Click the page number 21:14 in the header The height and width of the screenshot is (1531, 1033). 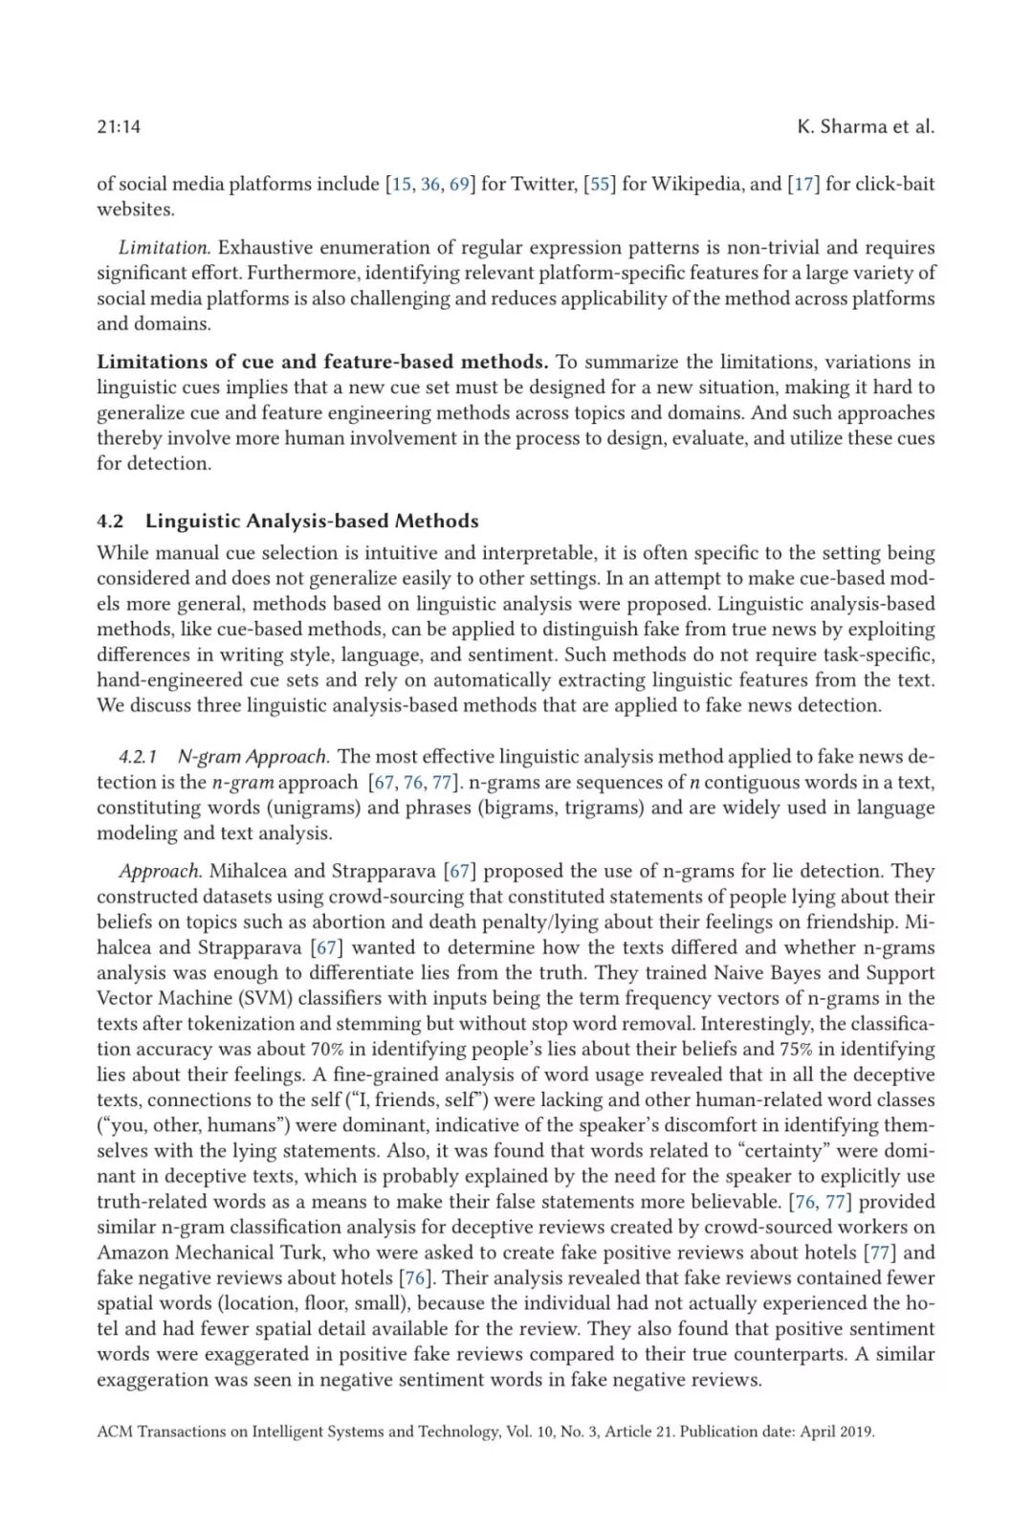coord(119,126)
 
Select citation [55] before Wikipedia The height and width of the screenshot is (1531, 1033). coord(600,184)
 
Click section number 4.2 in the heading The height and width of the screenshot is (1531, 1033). coord(110,521)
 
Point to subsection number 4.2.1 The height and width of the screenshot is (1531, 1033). coord(139,757)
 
